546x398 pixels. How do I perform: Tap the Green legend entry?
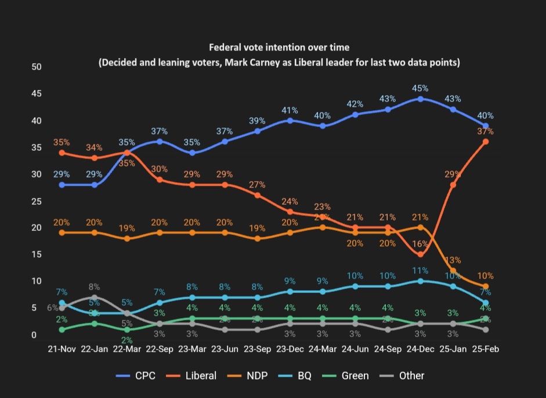coord(345,375)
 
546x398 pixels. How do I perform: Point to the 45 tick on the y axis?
coord(37,94)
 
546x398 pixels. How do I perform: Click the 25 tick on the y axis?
coord(37,201)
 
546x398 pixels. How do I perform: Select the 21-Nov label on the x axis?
coord(62,349)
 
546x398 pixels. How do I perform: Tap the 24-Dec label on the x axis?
coord(420,349)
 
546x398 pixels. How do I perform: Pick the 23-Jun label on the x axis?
coord(225,349)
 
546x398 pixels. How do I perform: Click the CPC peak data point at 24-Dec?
coord(420,99)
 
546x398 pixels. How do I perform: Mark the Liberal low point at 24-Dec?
coord(420,254)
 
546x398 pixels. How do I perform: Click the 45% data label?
coord(420,88)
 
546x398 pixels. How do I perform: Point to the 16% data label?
coord(420,244)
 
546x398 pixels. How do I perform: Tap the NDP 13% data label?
coord(453,259)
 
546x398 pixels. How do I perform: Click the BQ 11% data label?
coord(420,270)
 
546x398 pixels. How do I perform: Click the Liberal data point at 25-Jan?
coord(453,185)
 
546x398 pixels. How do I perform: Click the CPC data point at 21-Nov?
coord(62,185)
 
